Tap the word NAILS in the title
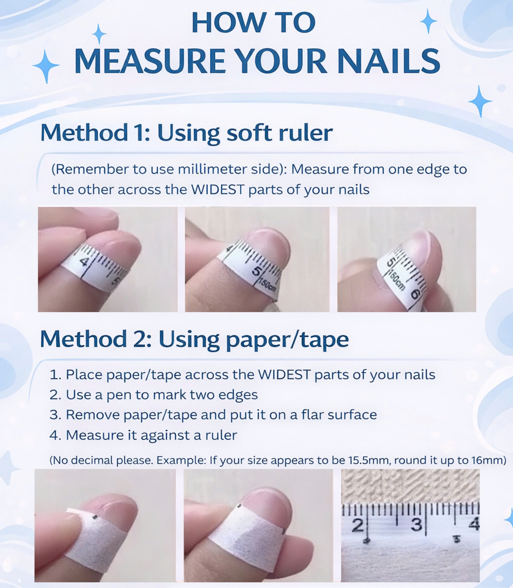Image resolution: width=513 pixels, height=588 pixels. [x=388, y=61]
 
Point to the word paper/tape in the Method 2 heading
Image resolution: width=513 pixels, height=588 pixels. [x=287, y=340]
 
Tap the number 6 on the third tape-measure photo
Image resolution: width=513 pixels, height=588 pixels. [x=416, y=294]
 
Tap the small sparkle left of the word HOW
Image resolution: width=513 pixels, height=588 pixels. [x=99, y=34]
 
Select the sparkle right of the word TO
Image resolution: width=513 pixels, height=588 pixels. [x=428, y=21]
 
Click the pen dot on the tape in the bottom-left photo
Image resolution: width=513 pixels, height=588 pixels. [x=96, y=517]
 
